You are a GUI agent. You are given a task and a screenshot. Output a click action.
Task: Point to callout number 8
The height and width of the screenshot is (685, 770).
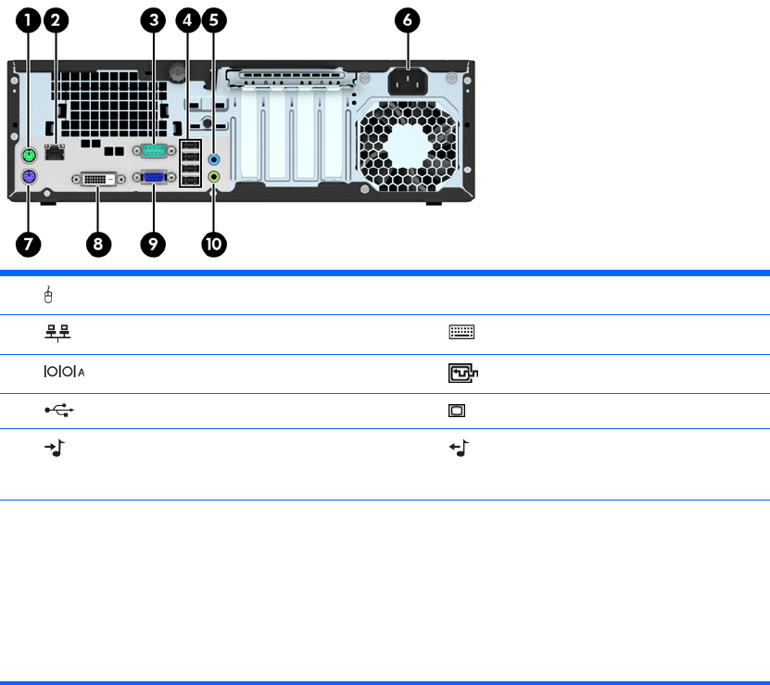(x=96, y=244)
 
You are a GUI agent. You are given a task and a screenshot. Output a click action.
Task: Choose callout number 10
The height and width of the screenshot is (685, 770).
(x=214, y=244)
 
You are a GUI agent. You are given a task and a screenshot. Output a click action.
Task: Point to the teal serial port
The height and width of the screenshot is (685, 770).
(x=150, y=151)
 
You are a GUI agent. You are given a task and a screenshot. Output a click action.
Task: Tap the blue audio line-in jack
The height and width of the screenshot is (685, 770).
(x=215, y=159)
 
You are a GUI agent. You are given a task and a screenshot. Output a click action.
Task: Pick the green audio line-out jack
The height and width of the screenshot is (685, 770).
(x=215, y=175)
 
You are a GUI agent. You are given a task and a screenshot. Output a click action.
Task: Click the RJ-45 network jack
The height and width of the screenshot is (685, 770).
(x=56, y=151)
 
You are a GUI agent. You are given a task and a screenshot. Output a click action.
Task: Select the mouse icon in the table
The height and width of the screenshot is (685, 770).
(x=48, y=296)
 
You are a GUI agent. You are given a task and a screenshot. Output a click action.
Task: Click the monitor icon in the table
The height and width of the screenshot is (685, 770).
(x=458, y=411)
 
